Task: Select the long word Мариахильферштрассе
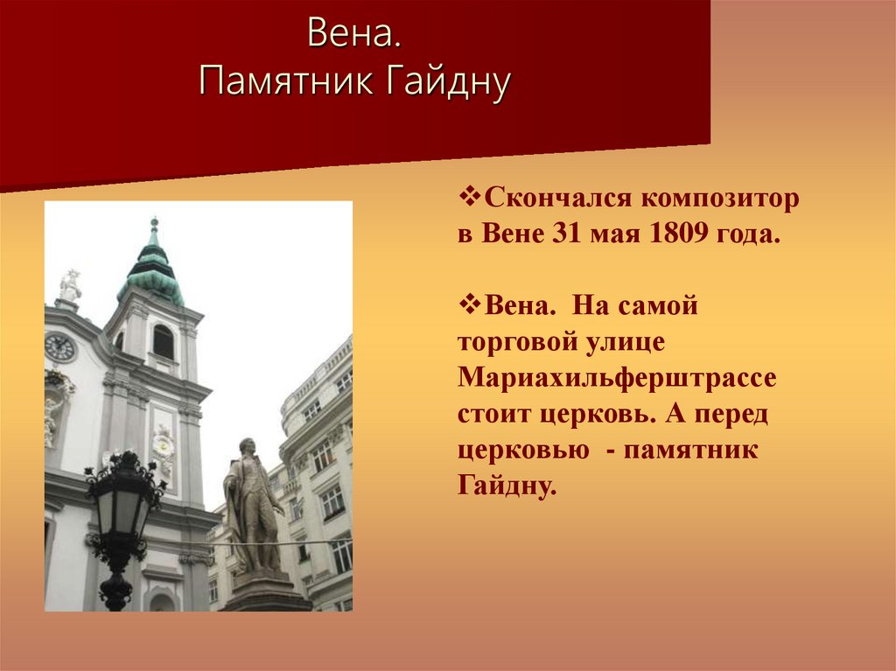(616, 378)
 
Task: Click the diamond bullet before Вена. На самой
(466, 304)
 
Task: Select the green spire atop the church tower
(153, 267)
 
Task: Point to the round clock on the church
(59, 347)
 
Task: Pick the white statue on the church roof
(69, 286)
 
